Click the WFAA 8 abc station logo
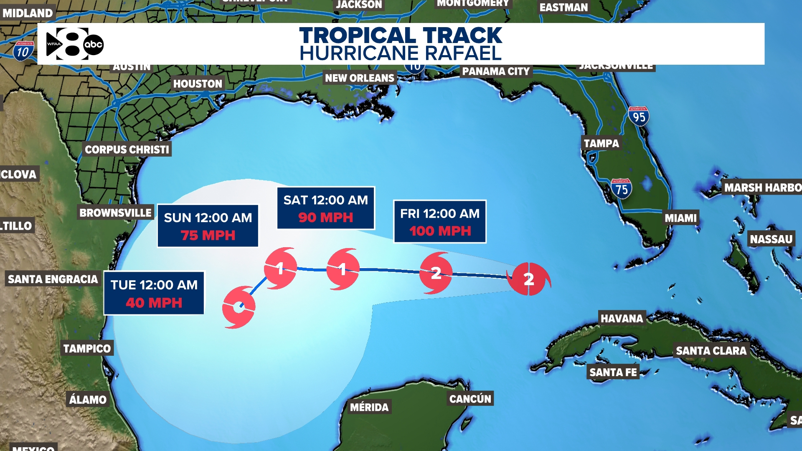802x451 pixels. click(74, 44)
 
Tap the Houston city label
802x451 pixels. click(198, 84)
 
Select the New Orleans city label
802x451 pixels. click(360, 78)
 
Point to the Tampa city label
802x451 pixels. click(601, 144)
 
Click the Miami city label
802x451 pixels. click(680, 218)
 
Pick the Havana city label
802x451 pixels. click(622, 319)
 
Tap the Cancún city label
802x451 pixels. click(470, 399)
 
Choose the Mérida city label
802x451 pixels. click(369, 407)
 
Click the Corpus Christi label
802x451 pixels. click(127, 149)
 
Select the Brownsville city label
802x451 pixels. click(115, 213)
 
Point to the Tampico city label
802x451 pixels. click(87, 349)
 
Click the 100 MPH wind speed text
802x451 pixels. click(440, 231)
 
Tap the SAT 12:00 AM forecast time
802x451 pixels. click(326, 200)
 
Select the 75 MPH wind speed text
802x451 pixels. click(208, 236)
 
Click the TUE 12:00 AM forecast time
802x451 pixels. click(154, 285)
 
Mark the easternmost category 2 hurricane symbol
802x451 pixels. click(529, 279)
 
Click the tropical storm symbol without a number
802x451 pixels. click(239, 307)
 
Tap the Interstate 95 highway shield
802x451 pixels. click(638, 117)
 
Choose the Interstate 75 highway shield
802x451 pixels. click(621, 189)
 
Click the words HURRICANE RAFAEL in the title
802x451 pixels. click(401, 53)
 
